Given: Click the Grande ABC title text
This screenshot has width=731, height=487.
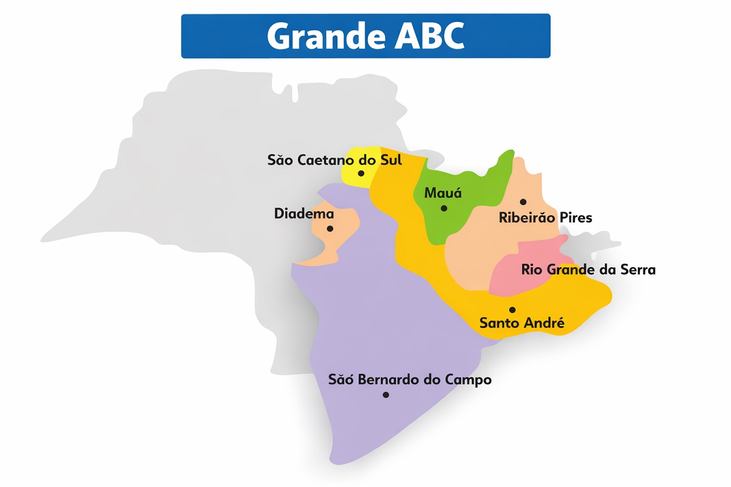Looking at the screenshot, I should tap(365, 37).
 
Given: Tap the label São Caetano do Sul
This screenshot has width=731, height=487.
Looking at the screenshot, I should tap(334, 160).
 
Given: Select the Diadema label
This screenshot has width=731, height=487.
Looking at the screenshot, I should tap(304, 214).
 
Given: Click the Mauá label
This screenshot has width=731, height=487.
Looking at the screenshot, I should tap(443, 194).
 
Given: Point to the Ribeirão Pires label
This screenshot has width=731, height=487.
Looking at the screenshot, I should tap(545, 217).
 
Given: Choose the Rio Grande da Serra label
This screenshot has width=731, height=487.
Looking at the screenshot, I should tap(588, 269).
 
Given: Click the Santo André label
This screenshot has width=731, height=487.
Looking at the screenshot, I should tap(522, 323).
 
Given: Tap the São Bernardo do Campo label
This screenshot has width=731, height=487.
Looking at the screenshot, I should tap(409, 380).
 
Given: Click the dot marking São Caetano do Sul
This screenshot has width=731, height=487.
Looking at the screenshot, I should tap(361, 173).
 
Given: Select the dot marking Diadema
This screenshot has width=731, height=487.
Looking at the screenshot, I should tap(330, 229).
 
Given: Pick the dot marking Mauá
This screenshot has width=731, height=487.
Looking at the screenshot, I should tap(444, 208).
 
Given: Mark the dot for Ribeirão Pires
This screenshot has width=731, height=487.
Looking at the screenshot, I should tap(523, 201).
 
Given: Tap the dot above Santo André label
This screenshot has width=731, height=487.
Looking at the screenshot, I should tap(512, 310).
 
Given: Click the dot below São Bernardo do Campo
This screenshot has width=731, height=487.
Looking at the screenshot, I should tap(386, 394).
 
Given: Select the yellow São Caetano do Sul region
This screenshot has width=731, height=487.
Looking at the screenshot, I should tap(353, 177).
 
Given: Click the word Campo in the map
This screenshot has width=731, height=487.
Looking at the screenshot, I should tap(468, 380).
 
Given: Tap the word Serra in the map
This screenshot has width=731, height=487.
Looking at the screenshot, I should tap(636, 269).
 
